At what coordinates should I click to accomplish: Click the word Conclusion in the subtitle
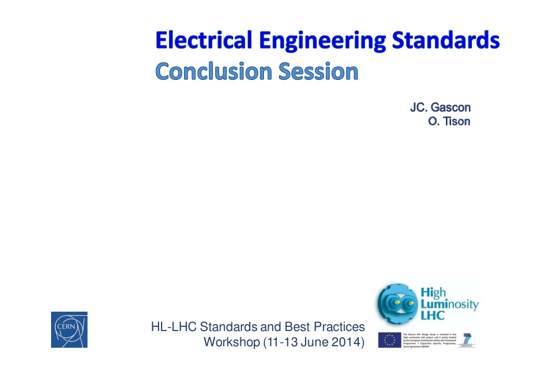point(214,72)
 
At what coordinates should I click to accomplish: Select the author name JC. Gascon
point(440,108)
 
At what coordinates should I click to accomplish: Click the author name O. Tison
point(448,122)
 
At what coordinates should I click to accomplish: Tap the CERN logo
point(69,329)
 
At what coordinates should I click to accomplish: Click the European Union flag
point(389,340)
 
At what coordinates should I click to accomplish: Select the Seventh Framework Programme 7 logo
point(467,340)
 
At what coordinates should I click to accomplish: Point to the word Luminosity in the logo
point(449,304)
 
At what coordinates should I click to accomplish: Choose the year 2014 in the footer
point(348,342)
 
